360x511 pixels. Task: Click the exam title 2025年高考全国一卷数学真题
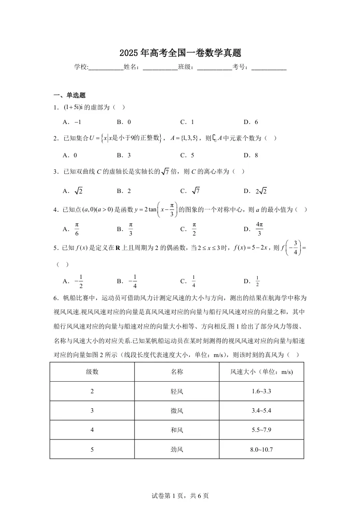pos(180,53)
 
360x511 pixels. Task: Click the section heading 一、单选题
pos(69,95)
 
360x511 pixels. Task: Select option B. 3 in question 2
pos(124,155)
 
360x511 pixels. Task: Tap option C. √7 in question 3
pos(190,191)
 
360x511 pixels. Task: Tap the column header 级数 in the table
pos(92,372)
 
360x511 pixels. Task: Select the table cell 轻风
pos(177,391)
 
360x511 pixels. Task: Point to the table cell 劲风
pos(177,450)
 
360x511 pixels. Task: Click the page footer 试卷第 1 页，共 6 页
pos(180,496)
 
